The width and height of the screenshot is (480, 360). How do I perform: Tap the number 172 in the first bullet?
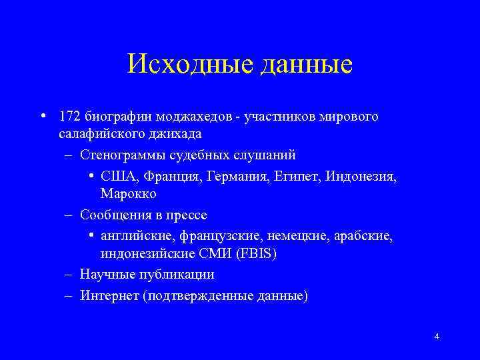pos(70,117)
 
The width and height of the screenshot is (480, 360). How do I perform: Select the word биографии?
pos(111,117)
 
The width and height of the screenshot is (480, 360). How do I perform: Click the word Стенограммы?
pos(122,155)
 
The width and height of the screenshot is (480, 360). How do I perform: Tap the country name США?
pos(115,177)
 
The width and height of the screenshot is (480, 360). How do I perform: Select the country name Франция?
pos(160,177)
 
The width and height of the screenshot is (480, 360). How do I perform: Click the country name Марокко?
pos(129,194)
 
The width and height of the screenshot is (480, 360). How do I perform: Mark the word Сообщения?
pos(113,215)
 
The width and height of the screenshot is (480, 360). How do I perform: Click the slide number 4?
pos(436,336)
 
